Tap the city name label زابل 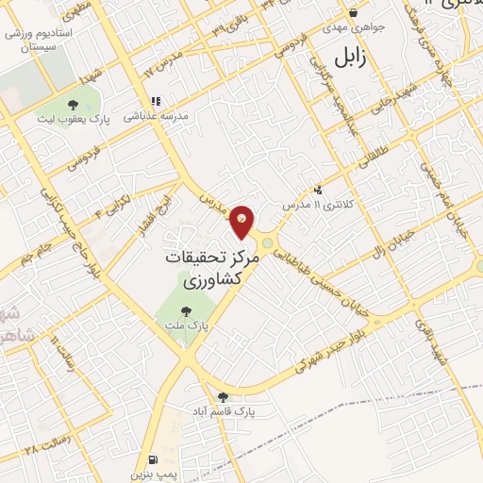348,58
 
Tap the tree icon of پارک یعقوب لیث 74,103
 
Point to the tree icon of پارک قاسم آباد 224,397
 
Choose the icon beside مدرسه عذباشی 156,101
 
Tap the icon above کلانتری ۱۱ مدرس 319,190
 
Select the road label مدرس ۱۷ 162,69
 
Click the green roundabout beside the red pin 267,242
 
